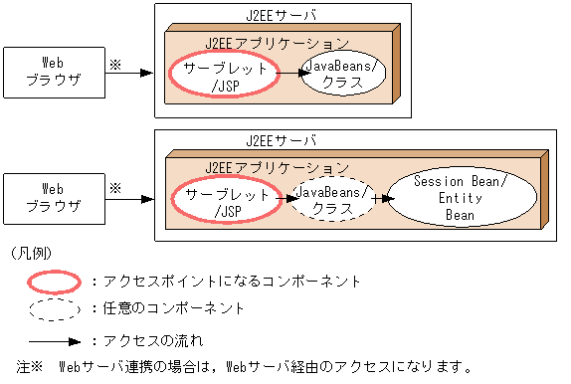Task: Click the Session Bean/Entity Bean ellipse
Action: (459, 198)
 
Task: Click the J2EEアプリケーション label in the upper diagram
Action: (277, 44)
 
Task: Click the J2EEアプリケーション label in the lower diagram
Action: (277, 166)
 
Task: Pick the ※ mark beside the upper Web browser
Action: (114, 62)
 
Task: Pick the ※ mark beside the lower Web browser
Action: (114, 186)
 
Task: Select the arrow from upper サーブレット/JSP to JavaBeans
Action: (289, 74)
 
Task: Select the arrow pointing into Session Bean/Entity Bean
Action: (380, 198)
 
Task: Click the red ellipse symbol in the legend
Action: (52, 282)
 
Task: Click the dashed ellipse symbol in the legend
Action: (52, 309)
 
